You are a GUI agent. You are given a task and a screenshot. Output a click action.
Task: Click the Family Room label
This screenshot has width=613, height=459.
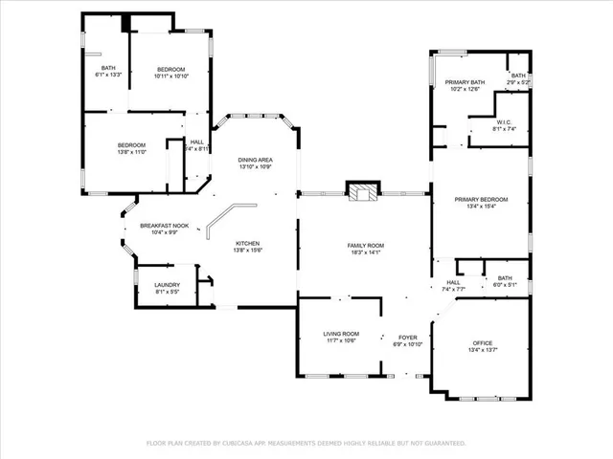pyautogui.click(x=364, y=246)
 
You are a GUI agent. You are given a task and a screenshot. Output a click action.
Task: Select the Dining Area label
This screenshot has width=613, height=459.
pyautogui.click(x=255, y=160)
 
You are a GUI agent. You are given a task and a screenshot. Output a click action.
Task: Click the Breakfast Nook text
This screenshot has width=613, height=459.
pyautogui.click(x=164, y=227)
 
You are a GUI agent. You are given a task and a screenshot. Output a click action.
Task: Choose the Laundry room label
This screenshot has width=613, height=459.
pyautogui.click(x=167, y=285)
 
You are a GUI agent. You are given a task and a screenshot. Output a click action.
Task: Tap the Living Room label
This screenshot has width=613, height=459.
pyautogui.click(x=341, y=334)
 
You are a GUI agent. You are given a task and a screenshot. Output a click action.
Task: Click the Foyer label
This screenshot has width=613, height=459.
pyautogui.click(x=407, y=338)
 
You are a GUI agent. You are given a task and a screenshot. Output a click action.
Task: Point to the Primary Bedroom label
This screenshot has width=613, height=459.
pyautogui.click(x=481, y=199)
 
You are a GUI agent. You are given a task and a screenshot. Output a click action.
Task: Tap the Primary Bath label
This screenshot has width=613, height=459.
pyautogui.click(x=465, y=82)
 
